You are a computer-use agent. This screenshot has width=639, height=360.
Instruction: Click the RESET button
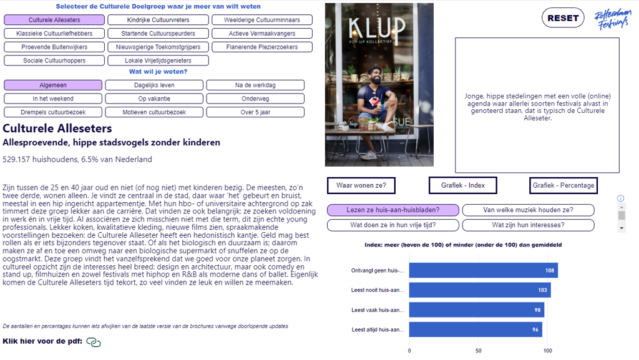pos(563,18)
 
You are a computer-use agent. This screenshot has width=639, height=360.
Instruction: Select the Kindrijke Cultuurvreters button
pos(158,20)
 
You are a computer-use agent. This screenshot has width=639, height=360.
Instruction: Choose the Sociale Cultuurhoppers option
pos(54,61)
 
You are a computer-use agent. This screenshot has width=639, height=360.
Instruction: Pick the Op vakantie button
pos(154,99)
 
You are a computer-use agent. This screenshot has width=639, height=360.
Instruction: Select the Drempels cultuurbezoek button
pos(54,112)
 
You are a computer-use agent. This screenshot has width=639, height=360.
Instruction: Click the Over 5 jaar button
pos(255,112)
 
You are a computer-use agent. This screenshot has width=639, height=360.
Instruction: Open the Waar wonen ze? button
pos(361,185)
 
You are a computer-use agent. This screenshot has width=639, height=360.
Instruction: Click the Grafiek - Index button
pos(462,185)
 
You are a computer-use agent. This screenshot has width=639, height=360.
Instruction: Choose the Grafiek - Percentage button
pos(563,185)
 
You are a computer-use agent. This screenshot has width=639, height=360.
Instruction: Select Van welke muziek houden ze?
pos(528,210)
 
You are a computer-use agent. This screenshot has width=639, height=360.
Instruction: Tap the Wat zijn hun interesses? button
pos(528,225)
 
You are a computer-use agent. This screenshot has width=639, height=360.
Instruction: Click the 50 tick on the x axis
pos(479,351)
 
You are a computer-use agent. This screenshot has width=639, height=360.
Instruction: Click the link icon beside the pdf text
pos(94,342)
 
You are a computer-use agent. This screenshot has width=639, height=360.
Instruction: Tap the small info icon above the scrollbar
pos(621,198)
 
